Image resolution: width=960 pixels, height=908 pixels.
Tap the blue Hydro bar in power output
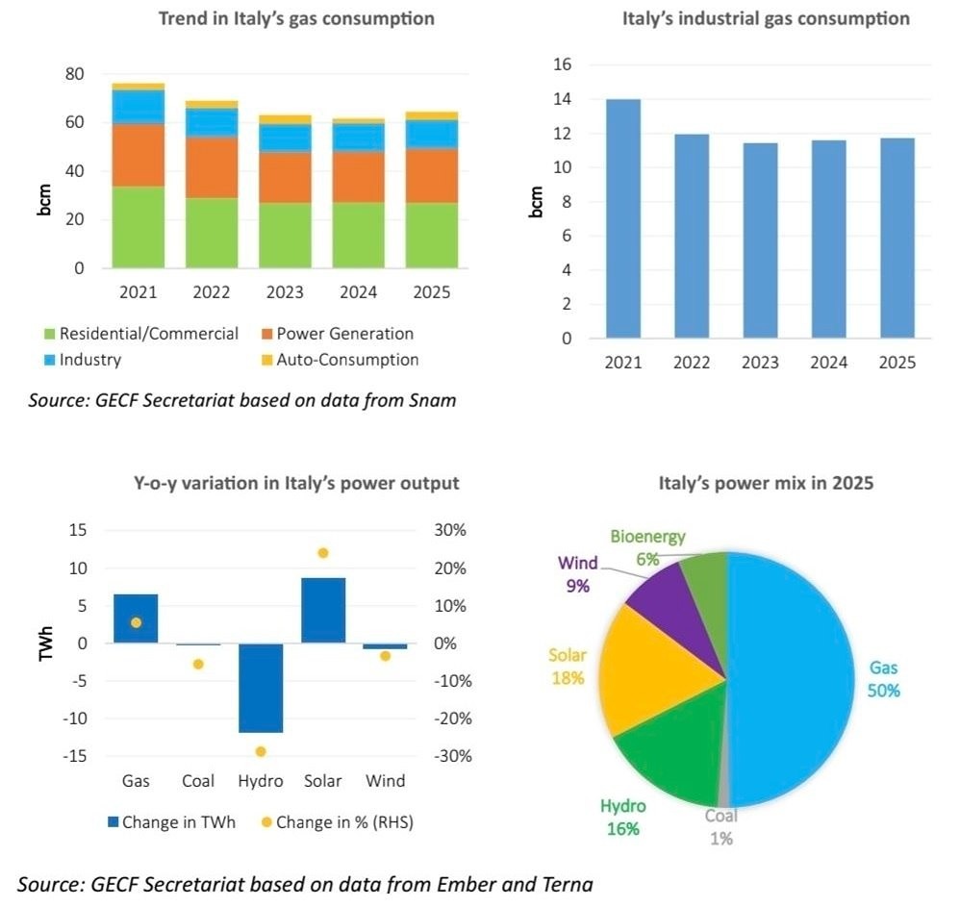(261, 688)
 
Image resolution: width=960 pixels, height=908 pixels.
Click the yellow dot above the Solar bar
(323, 553)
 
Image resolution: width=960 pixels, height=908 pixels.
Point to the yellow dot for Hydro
(261, 751)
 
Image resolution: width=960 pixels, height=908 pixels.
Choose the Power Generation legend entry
(344, 334)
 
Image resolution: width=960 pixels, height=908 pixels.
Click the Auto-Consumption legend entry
(347, 360)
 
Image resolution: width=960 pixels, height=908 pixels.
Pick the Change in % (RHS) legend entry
(343, 822)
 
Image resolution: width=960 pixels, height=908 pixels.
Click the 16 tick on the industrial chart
(562, 64)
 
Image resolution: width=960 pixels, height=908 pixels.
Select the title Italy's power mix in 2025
(766, 483)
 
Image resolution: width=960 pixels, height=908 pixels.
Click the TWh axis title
(45, 643)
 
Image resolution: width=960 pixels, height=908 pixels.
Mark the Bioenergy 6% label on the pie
(647, 548)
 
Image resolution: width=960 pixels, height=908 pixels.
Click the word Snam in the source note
(436, 400)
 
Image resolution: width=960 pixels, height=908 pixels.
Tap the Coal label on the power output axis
(197, 781)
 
